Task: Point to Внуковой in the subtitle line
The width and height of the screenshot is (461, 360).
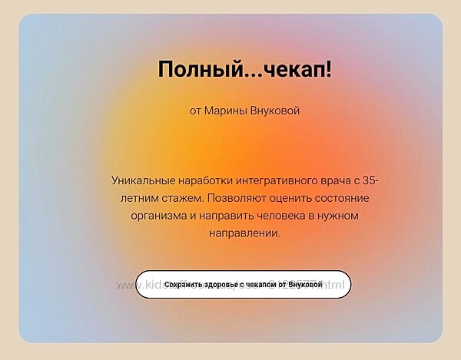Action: point(275,111)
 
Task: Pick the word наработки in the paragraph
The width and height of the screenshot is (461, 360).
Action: point(206,180)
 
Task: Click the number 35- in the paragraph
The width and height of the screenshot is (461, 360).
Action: point(370,180)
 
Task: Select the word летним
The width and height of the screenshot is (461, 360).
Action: point(123,197)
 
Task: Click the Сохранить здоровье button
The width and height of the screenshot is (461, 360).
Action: point(243,284)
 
